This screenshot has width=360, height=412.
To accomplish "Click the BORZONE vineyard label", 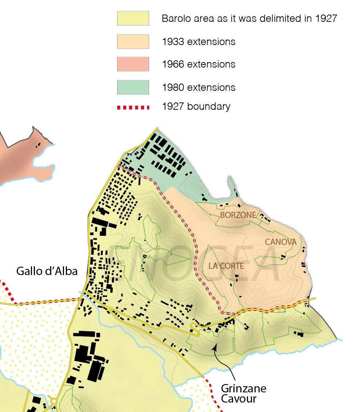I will point(238,215).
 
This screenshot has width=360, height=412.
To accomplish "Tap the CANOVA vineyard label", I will point(280,242).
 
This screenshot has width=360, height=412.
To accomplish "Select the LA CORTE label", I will point(226,266).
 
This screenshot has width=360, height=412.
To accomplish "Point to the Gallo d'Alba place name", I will point(47,271).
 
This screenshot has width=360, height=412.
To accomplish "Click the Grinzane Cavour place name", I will point(243,393).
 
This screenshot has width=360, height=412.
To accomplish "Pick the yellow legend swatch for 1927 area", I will point(133,18).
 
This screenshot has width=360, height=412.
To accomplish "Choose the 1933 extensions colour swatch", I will point(133,41).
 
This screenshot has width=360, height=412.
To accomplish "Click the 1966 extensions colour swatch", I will point(133,64).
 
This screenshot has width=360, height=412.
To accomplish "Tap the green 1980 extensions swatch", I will point(133,87).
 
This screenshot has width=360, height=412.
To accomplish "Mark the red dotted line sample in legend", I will point(133,108).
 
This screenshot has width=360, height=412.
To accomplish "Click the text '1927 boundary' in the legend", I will point(196,107).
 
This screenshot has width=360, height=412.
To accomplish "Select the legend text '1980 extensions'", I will point(199,88).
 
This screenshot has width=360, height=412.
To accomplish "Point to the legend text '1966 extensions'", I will point(199,65).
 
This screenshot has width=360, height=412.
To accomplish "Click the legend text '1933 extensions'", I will point(199,42).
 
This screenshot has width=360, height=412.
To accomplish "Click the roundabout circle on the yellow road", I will point(54,401).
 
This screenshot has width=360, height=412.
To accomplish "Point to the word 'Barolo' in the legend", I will point(175,19).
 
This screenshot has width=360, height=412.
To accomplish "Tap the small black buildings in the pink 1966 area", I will point(37,145).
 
